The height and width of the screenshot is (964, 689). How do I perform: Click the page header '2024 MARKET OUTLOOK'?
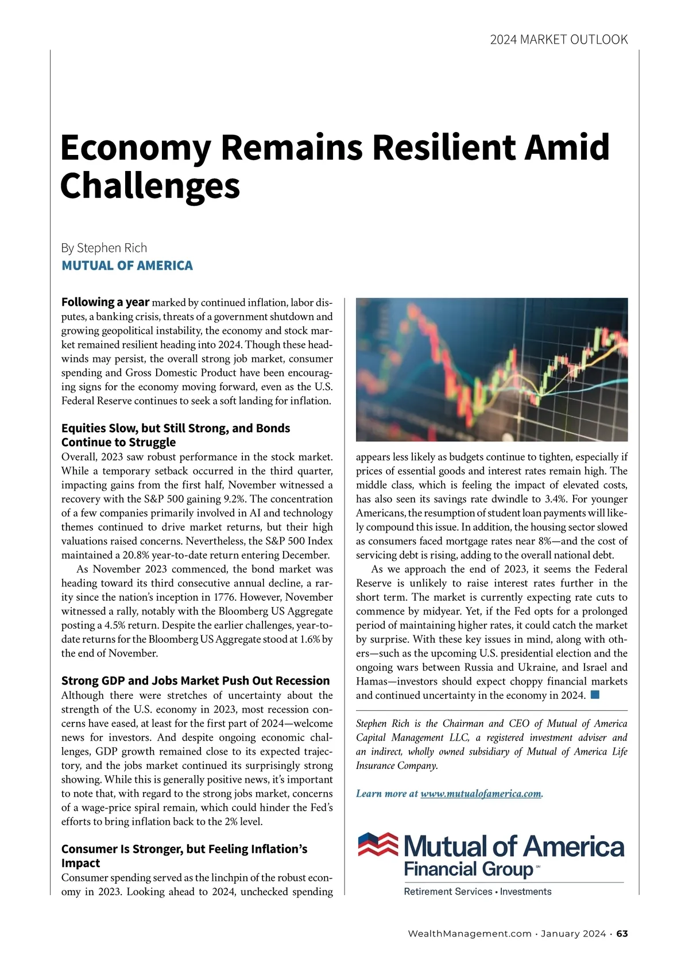pos(559,40)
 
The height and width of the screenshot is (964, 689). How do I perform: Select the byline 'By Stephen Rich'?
pos(104,248)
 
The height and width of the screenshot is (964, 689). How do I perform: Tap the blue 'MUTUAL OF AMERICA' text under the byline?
pos(127,266)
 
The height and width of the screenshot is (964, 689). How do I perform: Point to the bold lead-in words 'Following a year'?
pos(105,302)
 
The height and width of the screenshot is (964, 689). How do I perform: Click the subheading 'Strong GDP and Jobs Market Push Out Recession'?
pos(195,681)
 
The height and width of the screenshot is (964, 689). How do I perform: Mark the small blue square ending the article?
pos(595,695)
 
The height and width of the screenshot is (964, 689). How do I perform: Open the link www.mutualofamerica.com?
pos(481,794)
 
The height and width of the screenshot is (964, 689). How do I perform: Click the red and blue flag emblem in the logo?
pos(378,844)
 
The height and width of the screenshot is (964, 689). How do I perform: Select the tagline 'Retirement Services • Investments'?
pos(478,892)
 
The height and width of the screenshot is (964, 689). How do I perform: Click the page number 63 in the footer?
pos(622,934)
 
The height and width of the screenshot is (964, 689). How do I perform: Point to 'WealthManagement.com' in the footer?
pos(469,934)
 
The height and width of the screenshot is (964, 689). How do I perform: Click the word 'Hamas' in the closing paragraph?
pos(373,682)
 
